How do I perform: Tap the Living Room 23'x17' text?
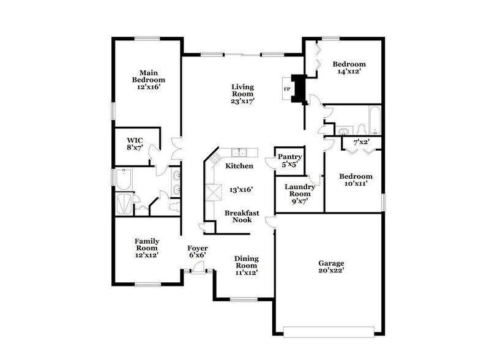point(242,94)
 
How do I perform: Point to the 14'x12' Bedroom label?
point(350,67)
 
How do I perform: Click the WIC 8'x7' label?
point(135,143)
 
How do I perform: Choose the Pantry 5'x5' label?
point(289,160)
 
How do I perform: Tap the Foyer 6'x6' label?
point(197,251)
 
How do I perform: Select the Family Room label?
point(147,249)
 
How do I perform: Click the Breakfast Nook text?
point(241,216)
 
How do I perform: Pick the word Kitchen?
point(239,166)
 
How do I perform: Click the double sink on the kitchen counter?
point(237,153)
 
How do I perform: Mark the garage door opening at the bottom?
point(331,332)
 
